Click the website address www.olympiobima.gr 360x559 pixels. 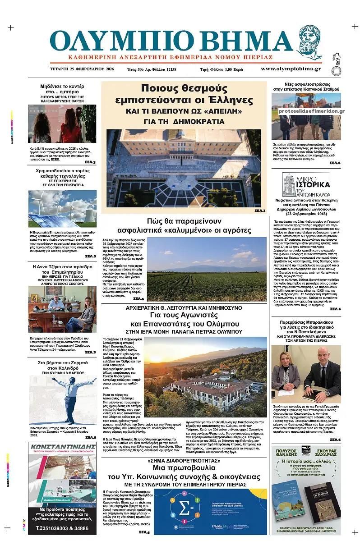(291, 69)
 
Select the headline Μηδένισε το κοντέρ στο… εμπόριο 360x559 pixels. (62, 89)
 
